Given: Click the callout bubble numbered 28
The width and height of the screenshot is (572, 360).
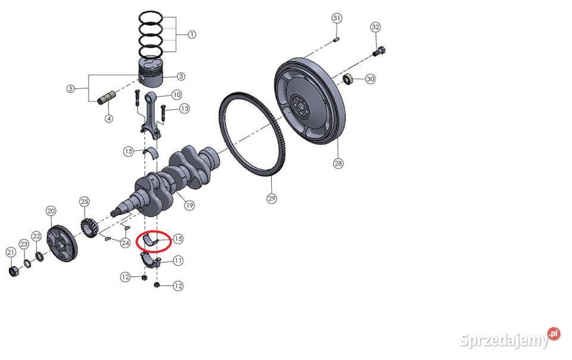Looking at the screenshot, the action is coord(338,163).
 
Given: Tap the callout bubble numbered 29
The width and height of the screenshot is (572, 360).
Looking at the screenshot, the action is coord(272,198).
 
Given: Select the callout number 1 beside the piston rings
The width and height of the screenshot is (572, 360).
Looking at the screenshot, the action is coord(192,35).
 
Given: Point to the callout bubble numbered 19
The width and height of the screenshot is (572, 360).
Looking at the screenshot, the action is coord(189,206).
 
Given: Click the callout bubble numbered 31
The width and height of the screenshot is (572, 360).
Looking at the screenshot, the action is coord(337,18).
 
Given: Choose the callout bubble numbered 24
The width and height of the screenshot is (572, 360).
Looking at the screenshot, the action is coord(125,243).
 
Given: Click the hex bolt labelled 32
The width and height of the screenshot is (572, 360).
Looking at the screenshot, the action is coord(379,52).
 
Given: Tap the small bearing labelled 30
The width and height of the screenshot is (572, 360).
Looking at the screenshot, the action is coord(348,79).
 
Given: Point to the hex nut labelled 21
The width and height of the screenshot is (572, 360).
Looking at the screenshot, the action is coord(13,271).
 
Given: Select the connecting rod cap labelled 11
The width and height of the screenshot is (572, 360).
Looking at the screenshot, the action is coord(151,260).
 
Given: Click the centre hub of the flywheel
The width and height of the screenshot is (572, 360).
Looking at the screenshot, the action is coord(300,105).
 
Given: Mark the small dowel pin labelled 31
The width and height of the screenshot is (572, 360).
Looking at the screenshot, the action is coord(336,39).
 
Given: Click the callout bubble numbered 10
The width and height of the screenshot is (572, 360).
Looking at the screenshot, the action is coord(176,95).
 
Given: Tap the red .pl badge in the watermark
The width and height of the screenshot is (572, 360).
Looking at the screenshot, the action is coord(554,333).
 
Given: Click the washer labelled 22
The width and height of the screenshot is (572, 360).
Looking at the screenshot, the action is coord(39,257).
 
